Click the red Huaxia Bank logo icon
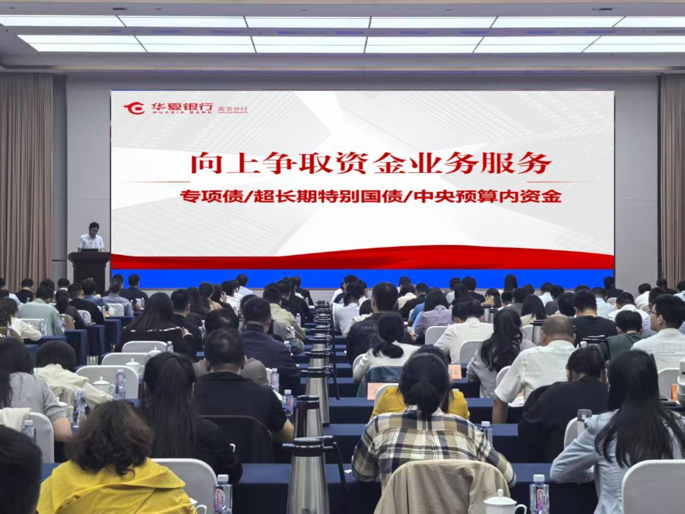tap(134, 107)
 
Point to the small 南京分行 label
tap(232, 109)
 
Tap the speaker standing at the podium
tap(92, 237)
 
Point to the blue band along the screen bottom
tap(362, 278)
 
